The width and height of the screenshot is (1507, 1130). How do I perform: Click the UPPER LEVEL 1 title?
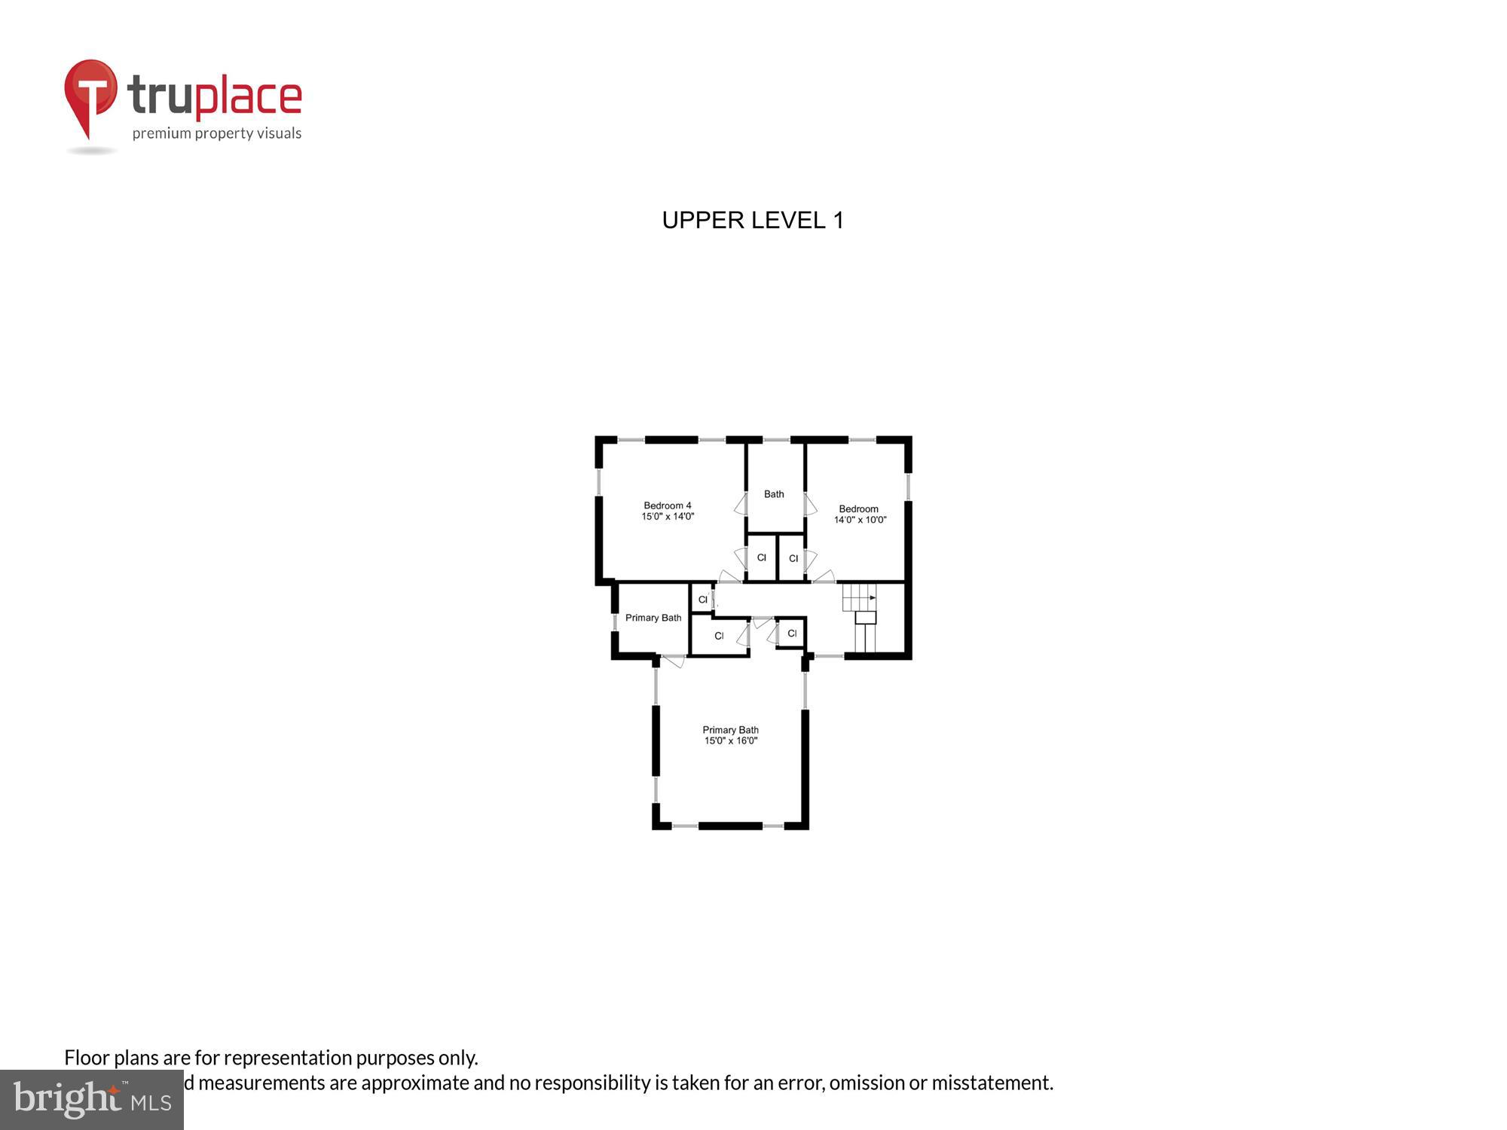coord(753,220)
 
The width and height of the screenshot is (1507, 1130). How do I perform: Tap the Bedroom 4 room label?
coord(667,505)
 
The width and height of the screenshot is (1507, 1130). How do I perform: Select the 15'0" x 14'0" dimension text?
coord(668,517)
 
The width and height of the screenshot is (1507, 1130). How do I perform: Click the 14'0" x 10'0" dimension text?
coord(860,520)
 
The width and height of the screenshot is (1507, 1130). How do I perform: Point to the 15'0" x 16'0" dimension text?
coord(731,741)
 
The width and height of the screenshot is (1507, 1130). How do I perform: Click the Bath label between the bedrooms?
coord(774,494)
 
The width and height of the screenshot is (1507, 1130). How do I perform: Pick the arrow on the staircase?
coord(872,597)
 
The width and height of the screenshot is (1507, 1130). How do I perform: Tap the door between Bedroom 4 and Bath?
coord(741,504)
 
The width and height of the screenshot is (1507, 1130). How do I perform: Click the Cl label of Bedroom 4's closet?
coord(761,557)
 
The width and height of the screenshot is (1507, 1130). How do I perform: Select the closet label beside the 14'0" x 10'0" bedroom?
coord(793,558)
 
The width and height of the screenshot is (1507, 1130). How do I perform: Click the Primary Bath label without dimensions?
coord(653,618)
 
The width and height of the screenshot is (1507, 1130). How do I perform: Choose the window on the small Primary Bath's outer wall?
coord(615,622)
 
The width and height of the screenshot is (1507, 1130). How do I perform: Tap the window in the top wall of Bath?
coord(776,440)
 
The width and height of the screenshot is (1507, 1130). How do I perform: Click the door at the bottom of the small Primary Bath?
coord(673,661)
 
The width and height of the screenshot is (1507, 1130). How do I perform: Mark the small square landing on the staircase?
coord(866,618)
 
